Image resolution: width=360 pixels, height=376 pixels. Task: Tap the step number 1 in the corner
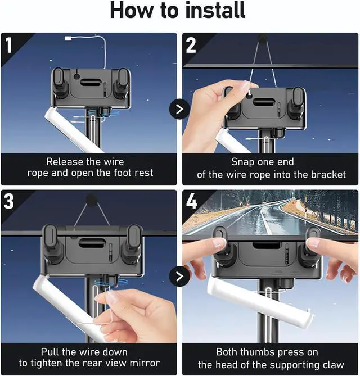[8, 46]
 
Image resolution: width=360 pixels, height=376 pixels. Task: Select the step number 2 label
[191, 46]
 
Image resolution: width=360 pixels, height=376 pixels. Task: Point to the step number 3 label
[9, 201]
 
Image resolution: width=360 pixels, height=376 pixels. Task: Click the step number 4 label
[191, 201]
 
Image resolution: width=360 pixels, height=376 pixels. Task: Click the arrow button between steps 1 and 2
[179, 109]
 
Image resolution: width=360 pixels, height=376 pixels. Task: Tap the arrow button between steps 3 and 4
[179, 277]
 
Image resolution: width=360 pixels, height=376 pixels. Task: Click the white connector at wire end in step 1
[68, 38]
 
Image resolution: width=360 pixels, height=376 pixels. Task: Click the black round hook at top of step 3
[92, 200]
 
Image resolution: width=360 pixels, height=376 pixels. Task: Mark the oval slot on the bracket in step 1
[90, 82]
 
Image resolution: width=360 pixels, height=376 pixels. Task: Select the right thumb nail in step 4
[312, 244]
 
